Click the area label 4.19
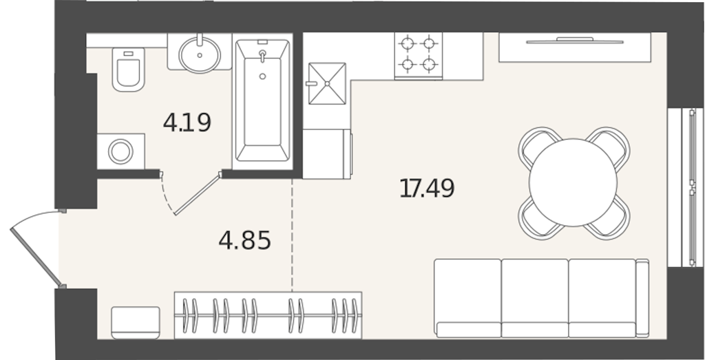click(x=187, y=123)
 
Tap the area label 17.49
click(x=427, y=188)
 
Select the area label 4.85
click(x=244, y=240)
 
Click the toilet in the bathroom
click(x=128, y=70)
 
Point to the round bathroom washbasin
click(x=200, y=54)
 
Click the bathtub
click(x=262, y=100)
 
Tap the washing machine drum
click(x=120, y=151)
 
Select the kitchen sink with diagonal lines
click(x=327, y=83)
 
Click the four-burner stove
click(x=418, y=55)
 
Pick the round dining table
click(x=573, y=182)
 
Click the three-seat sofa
click(x=541, y=298)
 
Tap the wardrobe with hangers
click(x=268, y=315)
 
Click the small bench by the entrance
click(x=136, y=322)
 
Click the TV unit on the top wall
click(x=575, y=47)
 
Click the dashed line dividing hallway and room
click(x=292, y=235)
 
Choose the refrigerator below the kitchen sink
click(x=327, y=153)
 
